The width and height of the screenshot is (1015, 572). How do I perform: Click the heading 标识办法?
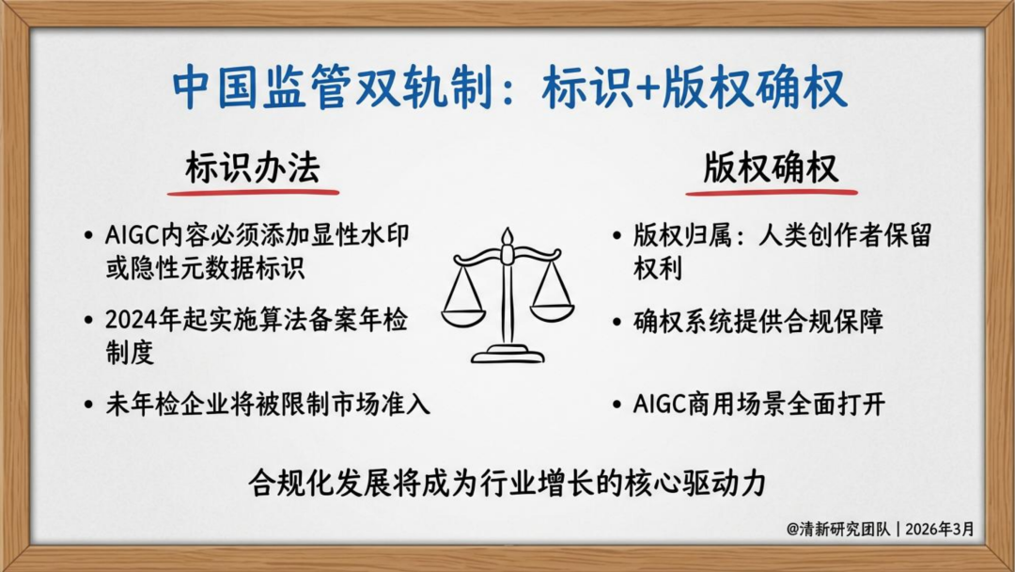click(x=253, y=168)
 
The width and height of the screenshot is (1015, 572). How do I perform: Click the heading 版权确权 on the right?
click(x=771, y=168)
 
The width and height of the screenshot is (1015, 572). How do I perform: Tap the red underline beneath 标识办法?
click(x=253, y=192)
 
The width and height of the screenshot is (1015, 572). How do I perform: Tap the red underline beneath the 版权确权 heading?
click(x=772, y=192)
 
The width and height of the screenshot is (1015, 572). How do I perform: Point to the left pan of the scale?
click(x=463, y=316)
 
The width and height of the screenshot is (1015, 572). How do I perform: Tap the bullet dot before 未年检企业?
click(x=88, y=405)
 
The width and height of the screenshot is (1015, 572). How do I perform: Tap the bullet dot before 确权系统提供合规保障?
click(x=617, y=322)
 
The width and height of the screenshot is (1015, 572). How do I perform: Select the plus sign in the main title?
click(x=647, y=88)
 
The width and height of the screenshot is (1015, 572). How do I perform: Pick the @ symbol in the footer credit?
click(x=793, y=530)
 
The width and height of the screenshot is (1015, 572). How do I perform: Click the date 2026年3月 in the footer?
click(x=940, y=530)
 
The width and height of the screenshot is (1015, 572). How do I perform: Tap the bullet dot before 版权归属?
click(x=617, y=236)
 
